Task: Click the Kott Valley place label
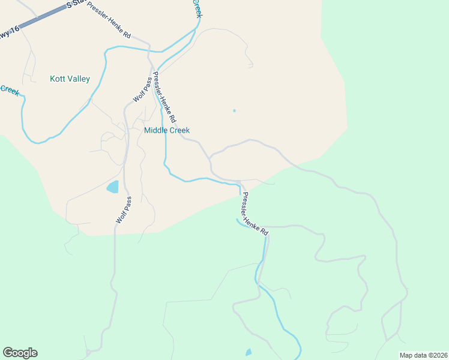(70, 79)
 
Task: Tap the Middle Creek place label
(167, 130)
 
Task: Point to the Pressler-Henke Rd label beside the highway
(108, 20)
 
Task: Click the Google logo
(20, 353)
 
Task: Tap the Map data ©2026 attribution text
(423, 355)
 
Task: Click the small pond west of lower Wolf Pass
(113, 187)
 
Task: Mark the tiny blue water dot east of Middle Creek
(234, 110)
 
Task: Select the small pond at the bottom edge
(249, 352)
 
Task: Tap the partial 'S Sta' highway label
(76, 4)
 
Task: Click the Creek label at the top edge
(197, 7)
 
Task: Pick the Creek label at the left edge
(9, 90)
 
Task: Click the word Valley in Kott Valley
(79, 79)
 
